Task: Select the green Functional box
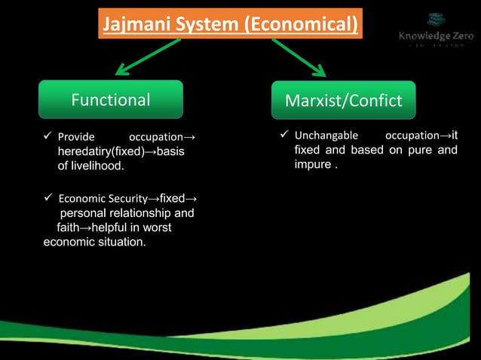(111, 99)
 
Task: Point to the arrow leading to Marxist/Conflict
(298, 57)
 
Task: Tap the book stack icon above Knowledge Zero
(436, 19)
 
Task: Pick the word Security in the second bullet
(118, 199)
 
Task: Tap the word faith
(71, 227)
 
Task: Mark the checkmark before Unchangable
(284, 136)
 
